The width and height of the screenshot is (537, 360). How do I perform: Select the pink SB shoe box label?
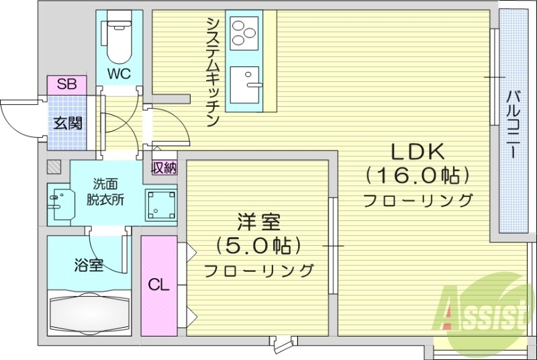click(x=66, y=85)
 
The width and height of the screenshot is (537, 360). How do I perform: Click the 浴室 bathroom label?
click(x=89, y=265)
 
